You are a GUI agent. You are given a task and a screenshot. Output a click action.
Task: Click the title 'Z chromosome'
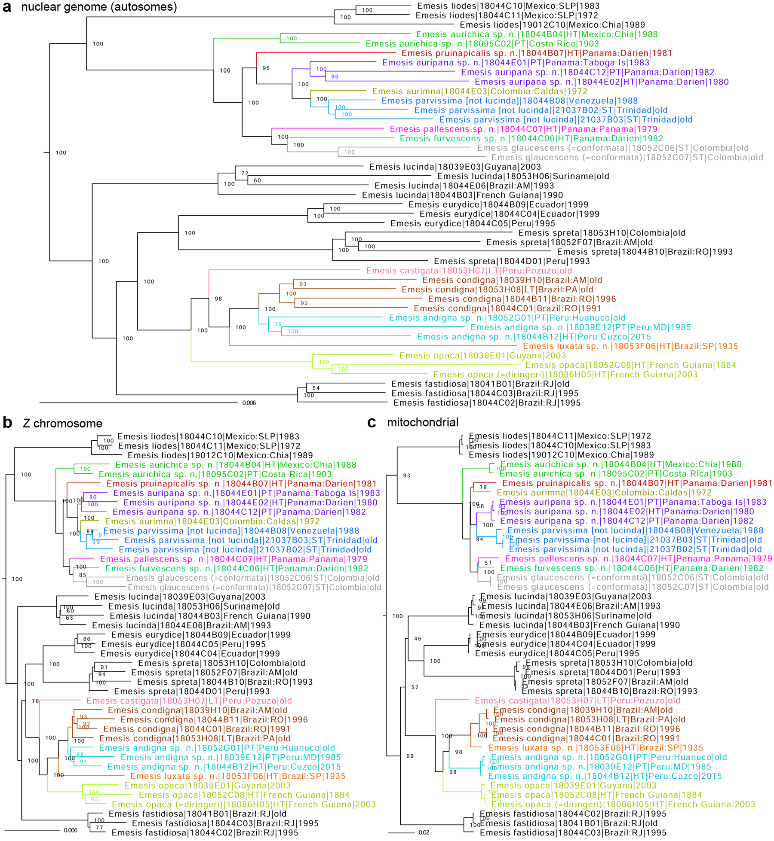pyautogui.click(x=62, y=424)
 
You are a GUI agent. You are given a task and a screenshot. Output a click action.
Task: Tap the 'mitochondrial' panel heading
pyautogui.click(x=423, y=422)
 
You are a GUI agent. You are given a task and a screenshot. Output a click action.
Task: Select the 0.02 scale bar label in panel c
pyautogui.click(x=424, y=832)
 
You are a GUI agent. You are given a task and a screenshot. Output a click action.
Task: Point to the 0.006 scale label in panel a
pyautogui.click(x=249, y=403)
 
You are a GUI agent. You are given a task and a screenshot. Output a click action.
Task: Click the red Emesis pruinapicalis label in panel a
pyautogui.click(x=537, y=53)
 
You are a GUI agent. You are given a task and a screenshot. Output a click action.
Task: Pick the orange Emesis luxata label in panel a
pyautogui.click(x=630, y=346)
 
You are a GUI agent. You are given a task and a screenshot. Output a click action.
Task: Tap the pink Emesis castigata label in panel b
pyautogui.click(x=189, y=701)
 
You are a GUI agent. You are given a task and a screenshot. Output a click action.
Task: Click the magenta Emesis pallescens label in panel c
pyautogui.click(x=638, y=559)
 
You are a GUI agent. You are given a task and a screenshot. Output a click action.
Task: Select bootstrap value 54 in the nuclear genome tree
pyautogui.click(x=316, y=388)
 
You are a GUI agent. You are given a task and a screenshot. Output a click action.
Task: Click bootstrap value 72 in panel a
pyautogui.click(x=245, y=174)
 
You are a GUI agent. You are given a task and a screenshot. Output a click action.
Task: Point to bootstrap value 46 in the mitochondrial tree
pyautogui.click(x=418, y=639)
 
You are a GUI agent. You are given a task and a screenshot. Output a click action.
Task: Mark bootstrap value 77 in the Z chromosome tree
pyautogui.click(x=99, y=827)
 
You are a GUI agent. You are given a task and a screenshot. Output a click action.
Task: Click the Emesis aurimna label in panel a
pyautogui.click(x=479, y=91)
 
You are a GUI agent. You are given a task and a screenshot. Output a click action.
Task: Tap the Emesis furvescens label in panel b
pyautogui.click(x=236, y=568)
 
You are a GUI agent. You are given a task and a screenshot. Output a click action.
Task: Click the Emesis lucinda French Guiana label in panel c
pyautogui.click(x=580, y=625)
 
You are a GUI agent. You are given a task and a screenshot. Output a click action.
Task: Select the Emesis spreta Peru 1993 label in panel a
pyautogui.click(x=512, y=261)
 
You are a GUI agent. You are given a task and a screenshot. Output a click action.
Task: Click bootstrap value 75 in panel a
pyautogui.click(x=278, y=324)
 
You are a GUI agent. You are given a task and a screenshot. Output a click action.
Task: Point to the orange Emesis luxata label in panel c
pyautogui.click(x=596, y=748)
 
